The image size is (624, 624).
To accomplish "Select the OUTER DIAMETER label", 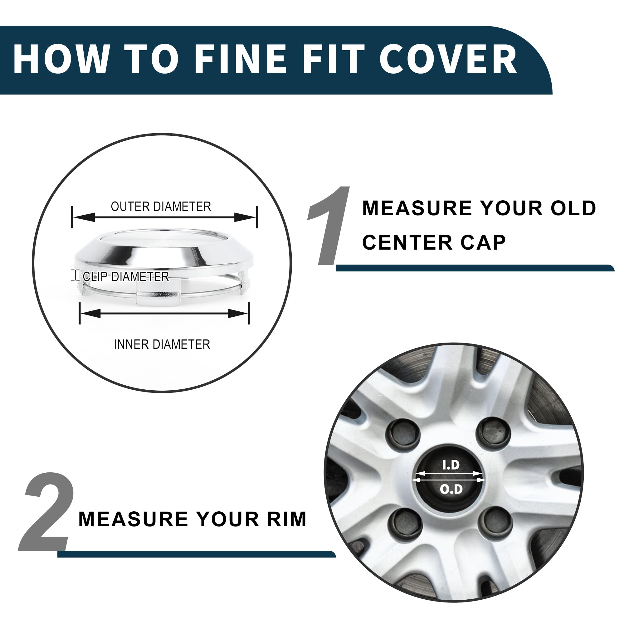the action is [x=161, y=207].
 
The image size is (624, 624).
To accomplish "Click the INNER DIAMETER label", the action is [x=162, y=345].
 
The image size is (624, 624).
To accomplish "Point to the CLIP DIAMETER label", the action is [x=126, y=276].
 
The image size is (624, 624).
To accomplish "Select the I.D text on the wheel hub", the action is [x=451, y=465].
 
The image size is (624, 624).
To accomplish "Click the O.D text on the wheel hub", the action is [x=451, y=489].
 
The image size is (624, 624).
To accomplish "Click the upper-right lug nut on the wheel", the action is [x=494, y=431].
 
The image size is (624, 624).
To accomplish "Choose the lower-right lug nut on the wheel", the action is [x=495, y=521].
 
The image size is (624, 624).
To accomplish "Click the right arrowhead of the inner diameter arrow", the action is [x=238, y=313].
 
